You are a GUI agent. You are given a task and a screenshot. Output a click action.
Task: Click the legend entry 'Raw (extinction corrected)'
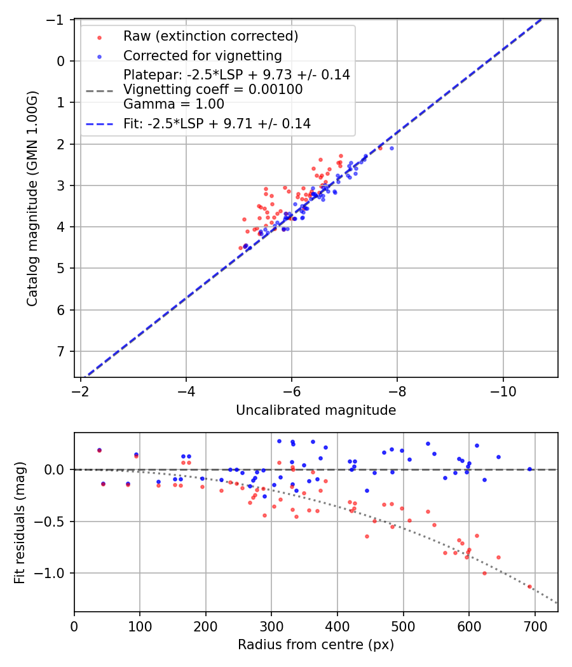point(210,36)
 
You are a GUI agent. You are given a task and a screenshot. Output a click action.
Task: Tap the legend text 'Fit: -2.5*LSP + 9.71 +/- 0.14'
point(217,124)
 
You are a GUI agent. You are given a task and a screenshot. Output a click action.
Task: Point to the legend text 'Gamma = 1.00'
point(174,104)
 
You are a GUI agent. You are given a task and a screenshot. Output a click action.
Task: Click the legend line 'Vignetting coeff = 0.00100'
point(213,90)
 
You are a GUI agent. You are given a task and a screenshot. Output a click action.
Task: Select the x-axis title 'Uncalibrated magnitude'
point(316,410)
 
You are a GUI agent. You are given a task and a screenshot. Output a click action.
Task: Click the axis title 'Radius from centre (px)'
point(316,645)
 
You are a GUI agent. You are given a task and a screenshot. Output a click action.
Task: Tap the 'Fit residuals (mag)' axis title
point(20,522)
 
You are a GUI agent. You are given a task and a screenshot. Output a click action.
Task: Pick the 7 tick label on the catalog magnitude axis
point(62,351)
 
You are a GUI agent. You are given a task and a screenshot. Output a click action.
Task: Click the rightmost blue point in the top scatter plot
point(392,148)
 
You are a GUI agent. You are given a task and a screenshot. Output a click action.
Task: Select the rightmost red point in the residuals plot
point(529,586)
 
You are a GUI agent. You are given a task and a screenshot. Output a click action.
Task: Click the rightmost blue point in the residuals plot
point(529,469)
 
